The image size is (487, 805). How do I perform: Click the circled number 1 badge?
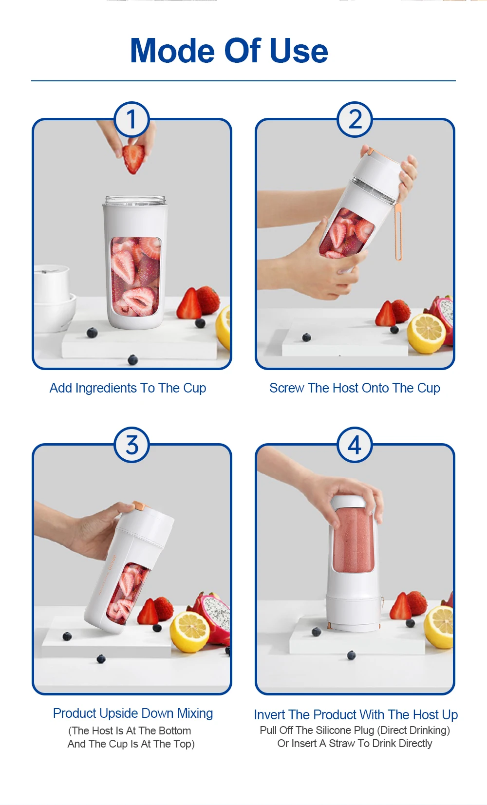click(131, 119)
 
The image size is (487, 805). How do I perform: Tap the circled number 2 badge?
click(355, 119)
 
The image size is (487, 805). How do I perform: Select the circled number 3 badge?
click(131, 445)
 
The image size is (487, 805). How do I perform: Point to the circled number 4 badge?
click(355, 445)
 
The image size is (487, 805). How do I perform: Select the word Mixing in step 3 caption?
click(195, 713)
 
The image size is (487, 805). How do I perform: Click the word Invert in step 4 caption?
click(269, 715)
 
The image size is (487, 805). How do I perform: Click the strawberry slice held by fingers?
click(133, 158)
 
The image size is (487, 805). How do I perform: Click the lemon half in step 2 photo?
click(427, 333)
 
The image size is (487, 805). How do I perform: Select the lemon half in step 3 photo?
click(190, 631)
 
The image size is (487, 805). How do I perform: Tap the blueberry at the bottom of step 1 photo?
click(132, 360)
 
